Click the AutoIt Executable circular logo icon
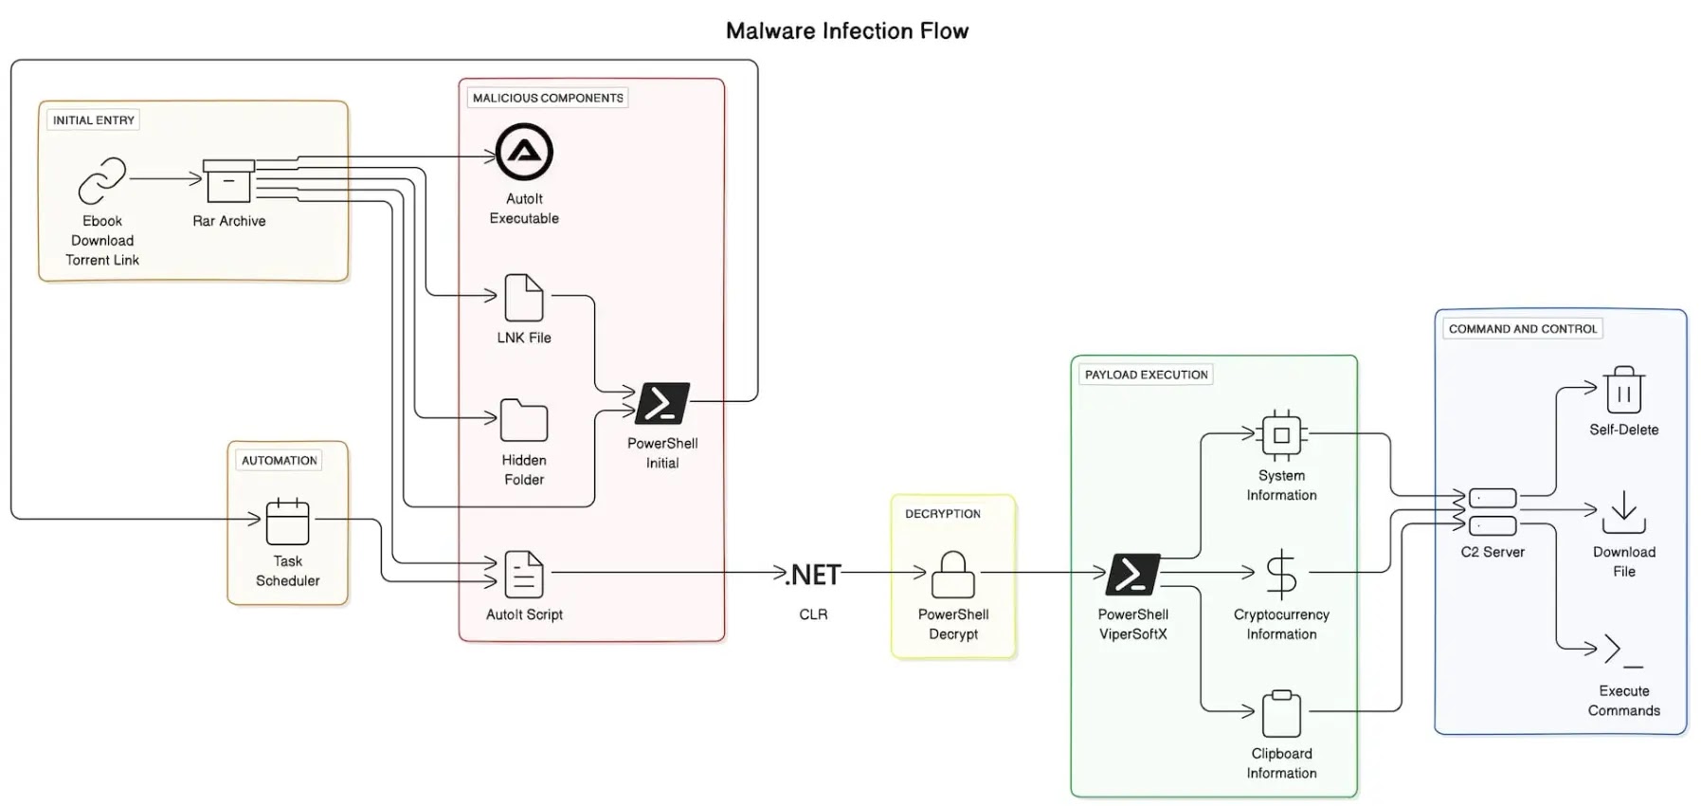[524, 152]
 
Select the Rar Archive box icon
[229, 180]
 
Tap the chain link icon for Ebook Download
[102, 180]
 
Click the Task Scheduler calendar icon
[288, 521]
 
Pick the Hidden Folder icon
[524, 420]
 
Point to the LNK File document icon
[524, 298]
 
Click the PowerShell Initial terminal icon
[662, 403]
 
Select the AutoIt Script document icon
[524, 575]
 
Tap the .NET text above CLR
[813, 575]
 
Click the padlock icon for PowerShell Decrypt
[953, 575]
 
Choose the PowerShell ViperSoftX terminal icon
[1133, 574]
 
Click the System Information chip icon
[1281, 435]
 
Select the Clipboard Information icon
[1281, 713]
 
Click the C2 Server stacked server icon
[1493, 512]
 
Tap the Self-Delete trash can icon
[1623, 389]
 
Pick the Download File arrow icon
[1624, 512]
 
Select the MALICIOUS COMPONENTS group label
[548, 98]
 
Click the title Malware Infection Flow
[847, 31]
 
